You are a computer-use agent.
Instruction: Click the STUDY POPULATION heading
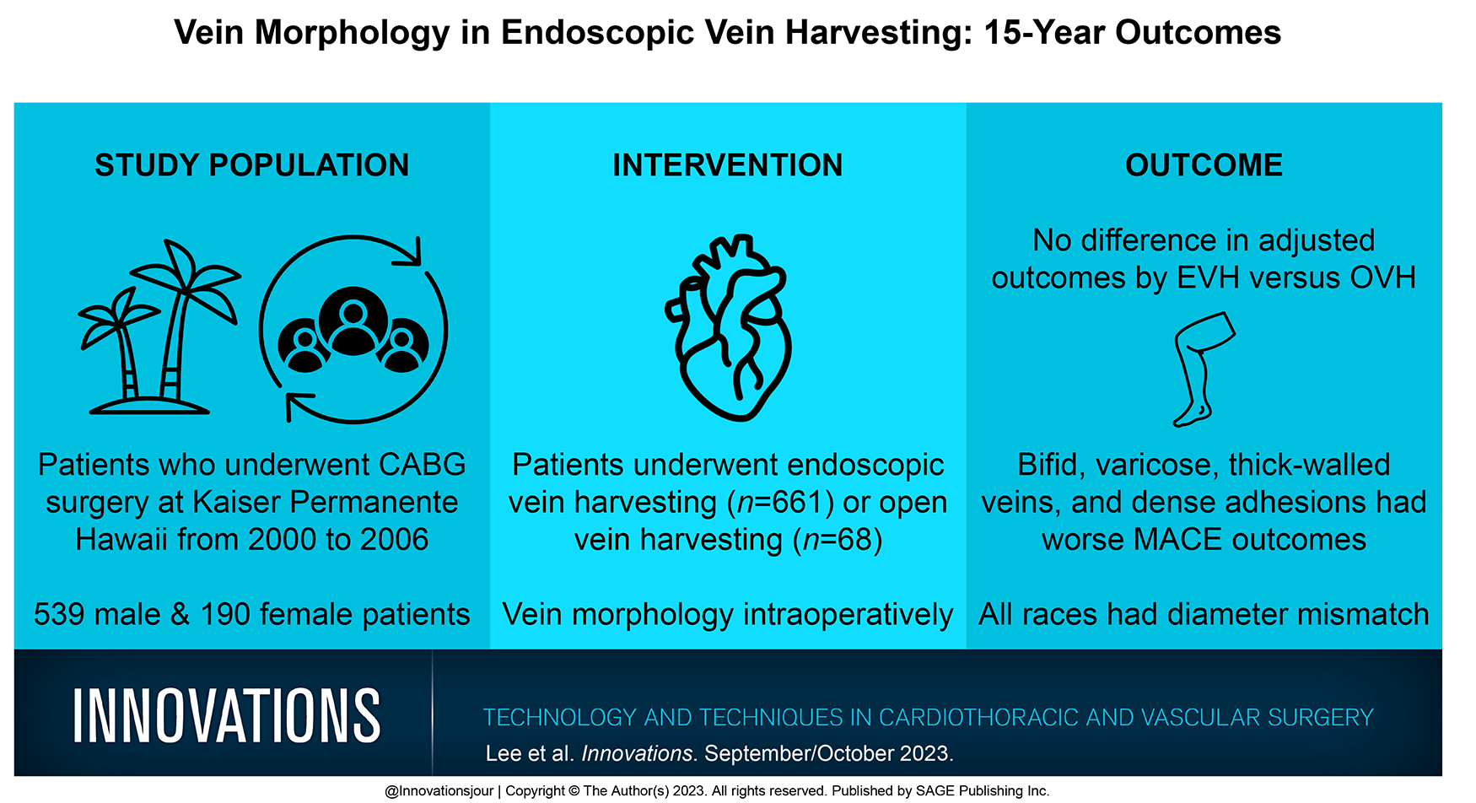click(251, 165)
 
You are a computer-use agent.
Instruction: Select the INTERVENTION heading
click(727, 165)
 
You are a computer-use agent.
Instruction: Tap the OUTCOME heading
click(1204, 165)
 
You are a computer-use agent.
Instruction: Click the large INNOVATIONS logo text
click(226, 715)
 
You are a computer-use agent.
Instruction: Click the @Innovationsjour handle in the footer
click(439, 791)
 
